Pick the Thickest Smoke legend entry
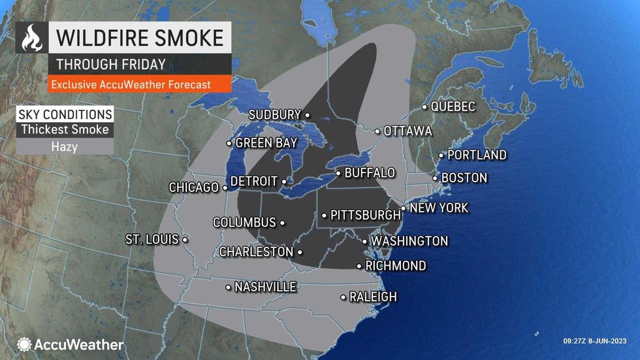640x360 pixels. (65, 129)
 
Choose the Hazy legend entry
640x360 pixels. (65, 146)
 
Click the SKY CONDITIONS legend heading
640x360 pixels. (65, 113)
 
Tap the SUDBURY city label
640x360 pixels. (274, 115)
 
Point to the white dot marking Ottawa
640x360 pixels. (377, 131)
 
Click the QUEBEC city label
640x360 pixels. (453, 106)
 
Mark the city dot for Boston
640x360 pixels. (436, 178)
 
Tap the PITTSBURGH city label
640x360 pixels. (365, 214)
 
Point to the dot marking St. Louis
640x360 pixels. (185, 240)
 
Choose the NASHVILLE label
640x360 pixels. (265, 287)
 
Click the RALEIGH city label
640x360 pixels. (373, 297)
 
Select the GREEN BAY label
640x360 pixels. (266, 142)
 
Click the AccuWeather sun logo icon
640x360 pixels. (25, 344)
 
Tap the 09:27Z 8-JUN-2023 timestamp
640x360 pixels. (598, 340)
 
